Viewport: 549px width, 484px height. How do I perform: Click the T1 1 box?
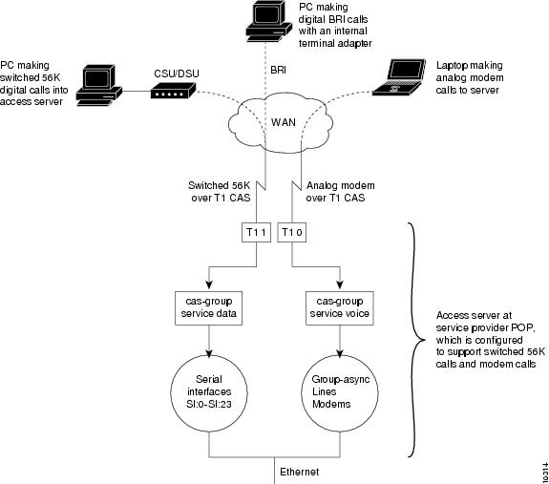pos(256,232)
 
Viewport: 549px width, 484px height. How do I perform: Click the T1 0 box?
pos(292,232)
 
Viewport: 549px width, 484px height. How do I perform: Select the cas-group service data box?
pos(209,308)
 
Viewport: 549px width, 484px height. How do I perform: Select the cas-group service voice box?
pos(340,308)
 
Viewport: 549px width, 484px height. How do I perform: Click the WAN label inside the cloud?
pos(284,122)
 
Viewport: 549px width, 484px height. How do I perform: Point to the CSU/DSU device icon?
pos(174,91)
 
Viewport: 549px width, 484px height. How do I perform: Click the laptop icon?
pos(399,77)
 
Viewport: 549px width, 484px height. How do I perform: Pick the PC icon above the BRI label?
pos(269,21)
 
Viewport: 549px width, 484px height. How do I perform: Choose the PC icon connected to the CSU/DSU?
pos(99,85)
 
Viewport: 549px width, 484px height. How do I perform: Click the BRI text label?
pos(279,70)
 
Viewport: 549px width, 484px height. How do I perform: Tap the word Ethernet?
pos(300,472)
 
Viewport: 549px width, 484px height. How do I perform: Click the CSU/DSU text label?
pos(177,74)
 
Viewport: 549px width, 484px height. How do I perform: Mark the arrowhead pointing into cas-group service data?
pos(209,284)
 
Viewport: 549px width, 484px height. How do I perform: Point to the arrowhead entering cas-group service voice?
pos(340,284)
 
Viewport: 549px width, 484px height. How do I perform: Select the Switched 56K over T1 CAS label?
pos(220,192)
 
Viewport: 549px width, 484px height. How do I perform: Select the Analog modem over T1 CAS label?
pos(340,192)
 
